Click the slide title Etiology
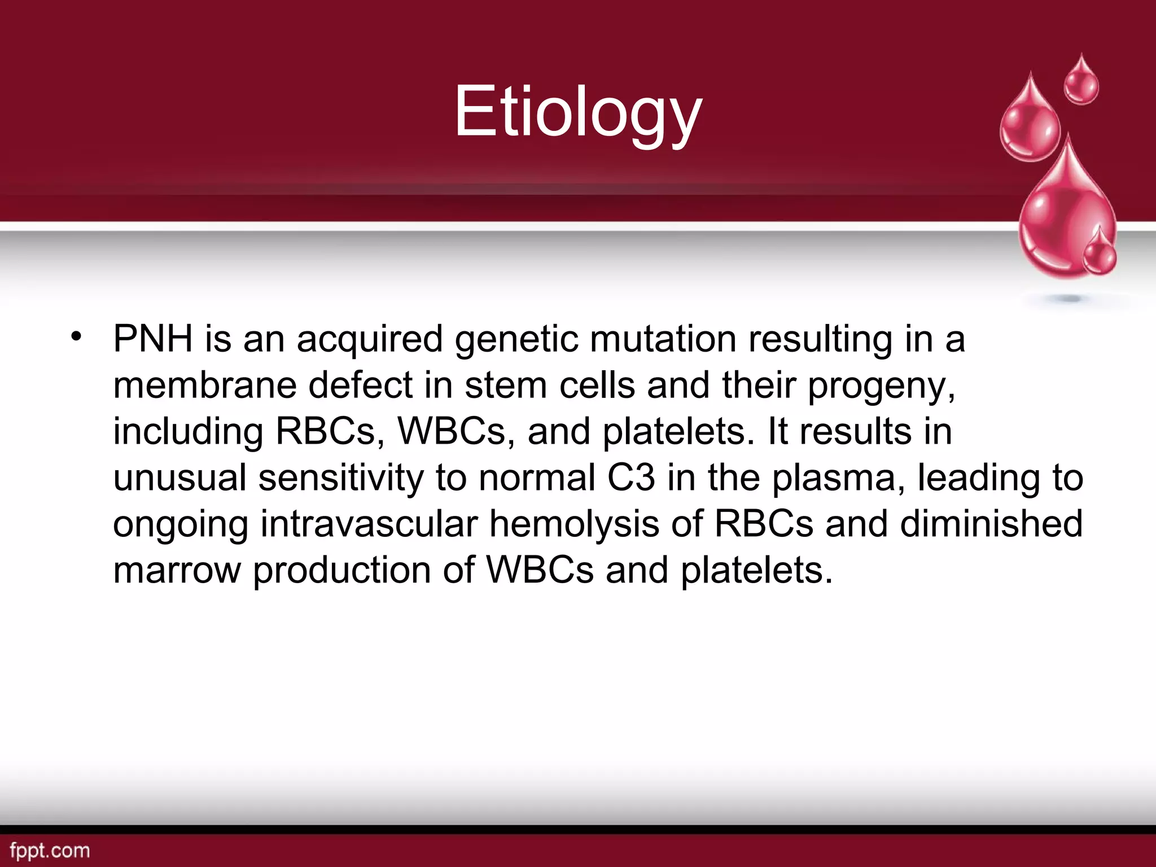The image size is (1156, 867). tap(578, 112)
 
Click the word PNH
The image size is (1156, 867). tap(152, 339)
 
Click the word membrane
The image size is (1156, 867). tap(204, 386)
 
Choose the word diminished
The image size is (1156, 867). tap(991, 524)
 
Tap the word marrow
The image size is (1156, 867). tap(177, 571)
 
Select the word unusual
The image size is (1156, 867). tap(179, 478)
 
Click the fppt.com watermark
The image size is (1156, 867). tap(50, 850)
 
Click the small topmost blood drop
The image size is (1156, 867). tap(1081, 82)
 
